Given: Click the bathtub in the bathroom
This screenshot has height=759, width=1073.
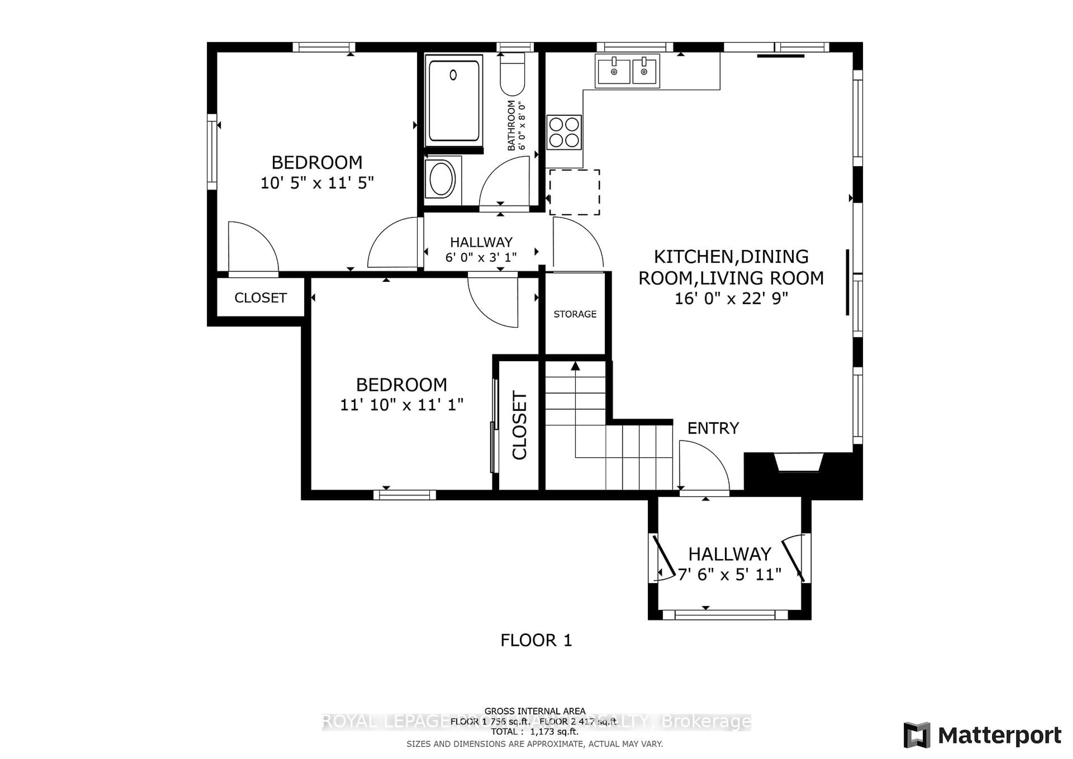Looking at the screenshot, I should tap(453, 101).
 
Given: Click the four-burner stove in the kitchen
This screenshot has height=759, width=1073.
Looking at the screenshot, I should tap(564, 132).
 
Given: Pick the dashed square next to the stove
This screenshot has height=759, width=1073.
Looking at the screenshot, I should tap(574, 192).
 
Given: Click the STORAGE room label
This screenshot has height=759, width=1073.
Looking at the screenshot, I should tap(575, 314).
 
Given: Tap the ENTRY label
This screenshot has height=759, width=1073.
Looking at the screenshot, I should tap(713, 428).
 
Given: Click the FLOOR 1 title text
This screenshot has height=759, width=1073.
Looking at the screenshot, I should tap(536, 640).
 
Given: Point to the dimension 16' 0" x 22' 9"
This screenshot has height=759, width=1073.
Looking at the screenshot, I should tap(731, 298).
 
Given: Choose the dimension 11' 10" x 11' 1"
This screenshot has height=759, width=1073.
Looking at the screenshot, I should tap(402, 404).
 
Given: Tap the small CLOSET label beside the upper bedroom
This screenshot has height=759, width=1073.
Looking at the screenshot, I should tap(260, 298).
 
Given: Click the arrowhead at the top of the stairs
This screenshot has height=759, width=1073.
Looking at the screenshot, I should tap(575, 366).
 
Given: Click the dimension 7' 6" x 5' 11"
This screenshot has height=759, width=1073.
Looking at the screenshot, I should tap(730, 574).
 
